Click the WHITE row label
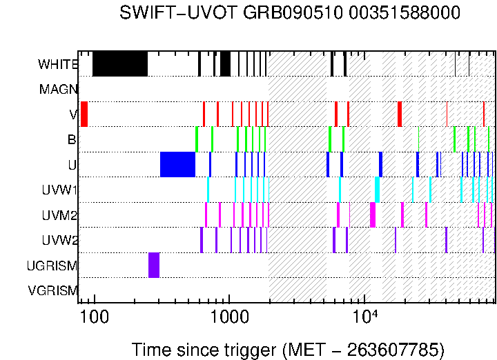58,65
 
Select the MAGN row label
59,90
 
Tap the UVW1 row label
59,190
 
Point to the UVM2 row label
59,215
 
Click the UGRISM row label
52,266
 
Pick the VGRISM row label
52,290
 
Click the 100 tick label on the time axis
93,317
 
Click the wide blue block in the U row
177,165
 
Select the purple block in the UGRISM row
154,265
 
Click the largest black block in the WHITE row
120,64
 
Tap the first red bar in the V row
84,114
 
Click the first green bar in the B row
197,139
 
